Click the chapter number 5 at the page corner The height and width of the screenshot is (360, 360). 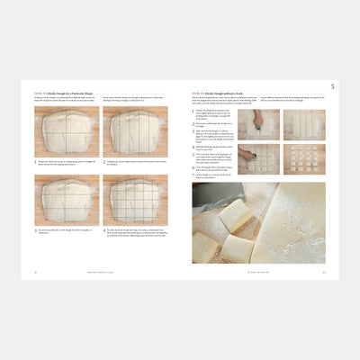(x=332, y=86)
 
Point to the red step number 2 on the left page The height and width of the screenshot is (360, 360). (x=106, y=162)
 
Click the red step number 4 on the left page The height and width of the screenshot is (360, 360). (x=106, y=230)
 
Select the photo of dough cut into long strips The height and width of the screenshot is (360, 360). (x=303, y=124)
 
